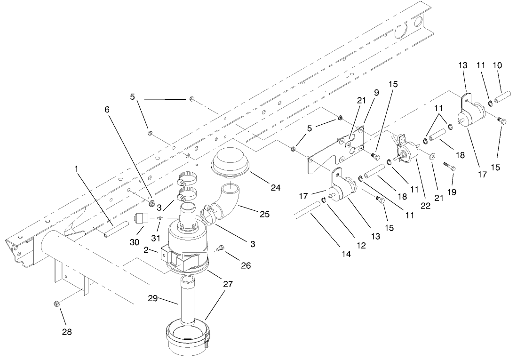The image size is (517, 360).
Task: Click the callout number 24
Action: tap(275, 188)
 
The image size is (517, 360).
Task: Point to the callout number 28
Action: tap(67, 332)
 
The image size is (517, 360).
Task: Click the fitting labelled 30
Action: tap(141, 219)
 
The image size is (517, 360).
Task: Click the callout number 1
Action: tap(76, 168)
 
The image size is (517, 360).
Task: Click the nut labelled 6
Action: tap(152, 204)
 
